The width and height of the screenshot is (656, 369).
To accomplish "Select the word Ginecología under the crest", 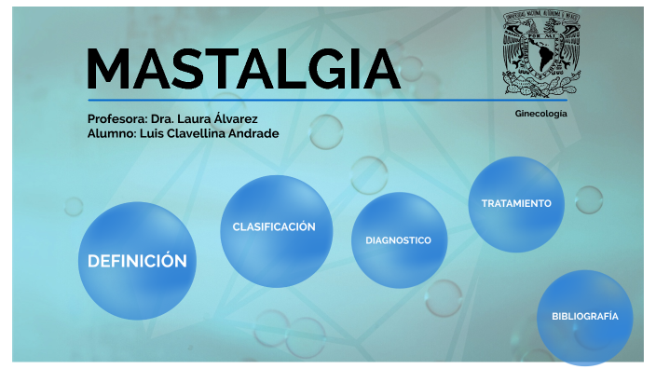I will tap(540, 114).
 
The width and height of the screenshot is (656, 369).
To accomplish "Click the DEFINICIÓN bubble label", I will tap(137, 261).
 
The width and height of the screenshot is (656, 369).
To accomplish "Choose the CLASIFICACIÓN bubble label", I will tap(274, 226).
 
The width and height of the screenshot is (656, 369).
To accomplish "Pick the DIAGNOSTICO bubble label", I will tap(398, 240).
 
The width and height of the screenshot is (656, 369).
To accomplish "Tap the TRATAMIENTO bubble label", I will tap(516, 203).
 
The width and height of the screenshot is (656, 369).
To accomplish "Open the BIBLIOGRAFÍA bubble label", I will tap(584, 317).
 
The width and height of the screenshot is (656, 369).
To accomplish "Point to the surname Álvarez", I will tap(236, 119).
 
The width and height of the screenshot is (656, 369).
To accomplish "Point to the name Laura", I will tap(193, 119).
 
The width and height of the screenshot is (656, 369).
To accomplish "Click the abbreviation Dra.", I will tap(162, 119).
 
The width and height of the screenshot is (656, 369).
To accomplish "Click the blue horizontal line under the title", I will tap(326, 100).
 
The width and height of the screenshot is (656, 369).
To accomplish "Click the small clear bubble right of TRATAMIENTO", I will tap(589, 199).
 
